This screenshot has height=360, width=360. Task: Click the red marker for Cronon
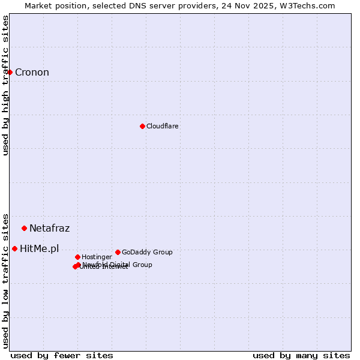(10, 73)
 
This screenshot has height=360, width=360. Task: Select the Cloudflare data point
(142, 126)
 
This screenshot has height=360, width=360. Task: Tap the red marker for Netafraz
(25, 228)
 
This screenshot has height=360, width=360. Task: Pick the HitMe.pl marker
(14, 248)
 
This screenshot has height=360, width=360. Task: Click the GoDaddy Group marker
(118, 252)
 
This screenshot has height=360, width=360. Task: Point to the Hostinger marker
(77, 257)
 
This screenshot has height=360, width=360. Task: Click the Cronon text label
(32, 73)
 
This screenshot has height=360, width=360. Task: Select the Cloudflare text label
(163, 126)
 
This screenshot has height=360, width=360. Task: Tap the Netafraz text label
(49, 228)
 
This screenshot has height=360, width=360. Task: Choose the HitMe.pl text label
(40, 248)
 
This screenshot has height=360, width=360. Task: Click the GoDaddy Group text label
(147, 252)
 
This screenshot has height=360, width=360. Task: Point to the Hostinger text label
(97, 257)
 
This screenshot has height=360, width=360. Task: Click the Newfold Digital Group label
(117, 264)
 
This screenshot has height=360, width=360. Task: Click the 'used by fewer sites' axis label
(62, 355)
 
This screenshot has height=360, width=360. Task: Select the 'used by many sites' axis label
(301, 355)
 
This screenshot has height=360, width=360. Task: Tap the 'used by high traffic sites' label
(5, 85)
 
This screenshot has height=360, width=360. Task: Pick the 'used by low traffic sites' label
(5, 280)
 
